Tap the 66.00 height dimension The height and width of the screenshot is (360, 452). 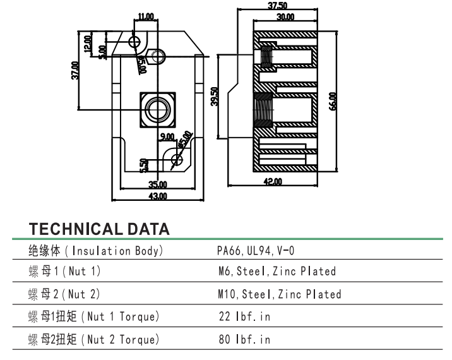point(332,102)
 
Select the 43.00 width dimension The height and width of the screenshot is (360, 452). point(158,196)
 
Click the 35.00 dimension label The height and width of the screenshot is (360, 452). point(158,184)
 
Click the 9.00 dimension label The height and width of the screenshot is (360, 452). point(167,137)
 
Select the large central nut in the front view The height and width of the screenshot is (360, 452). point(157,109)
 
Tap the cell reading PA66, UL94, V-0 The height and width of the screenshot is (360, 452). point(256,251)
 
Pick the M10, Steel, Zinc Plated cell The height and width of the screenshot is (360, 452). point(278,294)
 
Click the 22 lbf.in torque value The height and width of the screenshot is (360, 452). point(243,316)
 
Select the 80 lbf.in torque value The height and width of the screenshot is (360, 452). point(243,340)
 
